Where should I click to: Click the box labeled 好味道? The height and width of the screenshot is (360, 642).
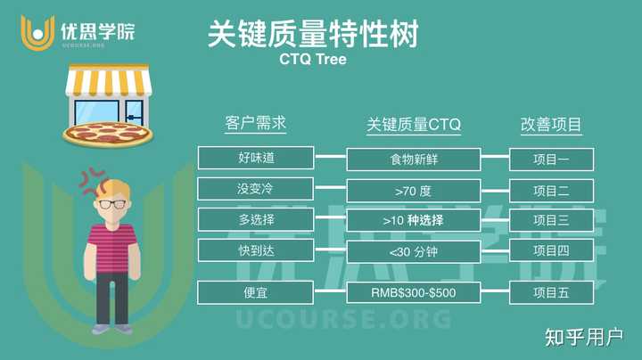256,158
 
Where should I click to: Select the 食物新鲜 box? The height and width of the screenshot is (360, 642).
414,160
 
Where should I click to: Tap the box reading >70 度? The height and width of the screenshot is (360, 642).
414,191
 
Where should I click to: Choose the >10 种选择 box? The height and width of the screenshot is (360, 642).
414,220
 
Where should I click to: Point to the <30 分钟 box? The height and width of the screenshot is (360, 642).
414,251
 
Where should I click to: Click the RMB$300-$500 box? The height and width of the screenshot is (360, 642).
414,292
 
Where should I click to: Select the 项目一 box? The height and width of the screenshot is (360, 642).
552,160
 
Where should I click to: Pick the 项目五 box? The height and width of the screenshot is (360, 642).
552,292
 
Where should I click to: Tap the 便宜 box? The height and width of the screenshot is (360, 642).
256,292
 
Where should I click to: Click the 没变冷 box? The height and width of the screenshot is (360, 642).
256,189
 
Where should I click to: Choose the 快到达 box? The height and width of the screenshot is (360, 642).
256,250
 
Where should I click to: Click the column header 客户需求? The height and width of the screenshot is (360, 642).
256,123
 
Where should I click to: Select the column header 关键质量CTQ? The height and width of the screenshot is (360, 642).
414,125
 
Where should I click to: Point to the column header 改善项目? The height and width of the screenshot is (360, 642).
551,125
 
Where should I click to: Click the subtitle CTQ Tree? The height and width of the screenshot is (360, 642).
313,60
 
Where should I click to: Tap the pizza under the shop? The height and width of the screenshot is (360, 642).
108,135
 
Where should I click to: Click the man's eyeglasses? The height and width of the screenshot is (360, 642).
112,204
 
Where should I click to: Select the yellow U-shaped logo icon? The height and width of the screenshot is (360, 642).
37,33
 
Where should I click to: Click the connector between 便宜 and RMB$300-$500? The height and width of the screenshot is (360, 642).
330,290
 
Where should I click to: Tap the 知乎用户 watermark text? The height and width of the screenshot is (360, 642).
583,338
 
